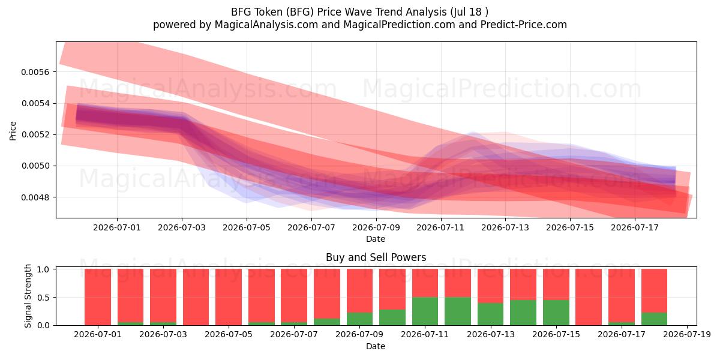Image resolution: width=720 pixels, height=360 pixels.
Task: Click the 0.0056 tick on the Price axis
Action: pyautogui.click(x=35, y=72)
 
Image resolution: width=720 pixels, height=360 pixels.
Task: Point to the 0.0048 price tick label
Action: pyautogui.click(x=35, y=197)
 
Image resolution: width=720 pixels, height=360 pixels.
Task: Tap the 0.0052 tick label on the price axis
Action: pyautogui.click(x=35, y=134)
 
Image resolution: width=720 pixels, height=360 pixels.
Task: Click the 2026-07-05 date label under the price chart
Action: pyautogui.click(x=247, y=227)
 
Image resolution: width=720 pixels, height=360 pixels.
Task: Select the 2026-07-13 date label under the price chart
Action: pyautogui.click(x=505, y=227)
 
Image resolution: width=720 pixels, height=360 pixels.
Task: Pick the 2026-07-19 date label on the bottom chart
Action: pyautogui.click(x=687, y=335)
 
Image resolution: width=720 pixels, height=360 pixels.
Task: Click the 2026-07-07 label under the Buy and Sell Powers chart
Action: pyautogui.click(x=294, y=335)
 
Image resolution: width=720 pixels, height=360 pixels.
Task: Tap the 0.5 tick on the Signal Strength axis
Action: pyautogui.click(x=43, y=298)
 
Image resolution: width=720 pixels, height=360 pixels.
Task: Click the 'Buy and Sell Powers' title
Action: pyautogui.click(x=376, y=257)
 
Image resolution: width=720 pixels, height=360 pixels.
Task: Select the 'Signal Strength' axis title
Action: pyautogui.click(x=28, y=296)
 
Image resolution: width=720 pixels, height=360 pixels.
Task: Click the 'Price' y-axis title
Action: pyautogui.click(x=13, y=131)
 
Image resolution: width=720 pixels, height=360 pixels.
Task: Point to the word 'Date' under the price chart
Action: pyautogui.click(x=376, y=239)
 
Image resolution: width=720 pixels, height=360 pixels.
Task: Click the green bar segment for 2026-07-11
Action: pyautogui.click(x=425, y=311)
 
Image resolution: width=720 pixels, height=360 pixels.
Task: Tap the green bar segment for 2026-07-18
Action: pyautogui.click(x=654, y=319)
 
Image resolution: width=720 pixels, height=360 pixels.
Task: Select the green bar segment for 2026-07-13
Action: pyautogui.click(x=491, y=314)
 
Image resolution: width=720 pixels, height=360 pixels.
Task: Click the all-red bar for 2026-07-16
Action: pyautogui.click(x=589, y=297)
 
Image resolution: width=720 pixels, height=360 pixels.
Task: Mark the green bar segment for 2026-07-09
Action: pyautogui.click(x=359, y=319)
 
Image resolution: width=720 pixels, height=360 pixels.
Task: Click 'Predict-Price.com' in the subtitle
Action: pyautogui.click(x=524, y=25)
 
